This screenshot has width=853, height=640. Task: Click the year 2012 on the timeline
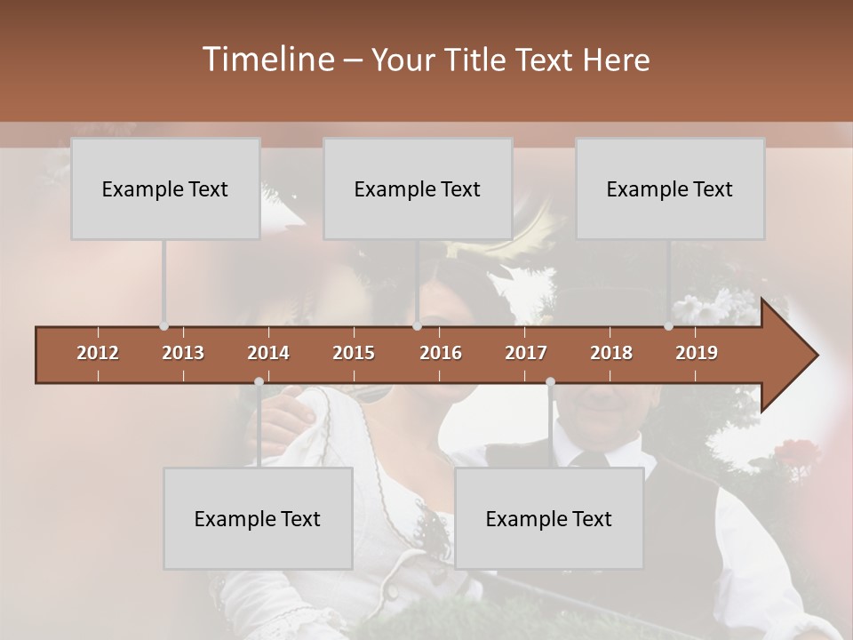(x=98, y=353)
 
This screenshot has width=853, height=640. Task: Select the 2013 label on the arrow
(x=183, y=353)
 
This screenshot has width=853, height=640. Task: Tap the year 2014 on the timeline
(x=268, y=353)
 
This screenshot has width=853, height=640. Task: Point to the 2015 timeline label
(x=354, y=353)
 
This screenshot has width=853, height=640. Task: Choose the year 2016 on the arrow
(x=441, y=353)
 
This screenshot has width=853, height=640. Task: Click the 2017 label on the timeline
(x=526, y=353)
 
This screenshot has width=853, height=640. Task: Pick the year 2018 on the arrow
(x=611, y=353)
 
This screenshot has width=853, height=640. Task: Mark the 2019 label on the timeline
(x=697, y=353)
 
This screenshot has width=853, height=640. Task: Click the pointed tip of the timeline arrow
(x=816, y=356)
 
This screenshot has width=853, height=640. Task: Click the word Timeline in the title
(x=267, y=60)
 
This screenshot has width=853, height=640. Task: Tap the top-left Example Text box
(x=165, y=188)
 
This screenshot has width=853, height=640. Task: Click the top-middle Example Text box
(x=418, y=188)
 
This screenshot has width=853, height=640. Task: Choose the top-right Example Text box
(x=670, y=188)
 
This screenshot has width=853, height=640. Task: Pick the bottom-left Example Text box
(x=258, y=518)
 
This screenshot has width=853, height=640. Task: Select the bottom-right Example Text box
(x=549, y=518)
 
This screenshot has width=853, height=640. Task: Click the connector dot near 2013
(x=163, y=326)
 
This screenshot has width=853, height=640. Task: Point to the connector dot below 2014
(x=259, y=382)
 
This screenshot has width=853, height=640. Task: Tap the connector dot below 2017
(x=550, y=382)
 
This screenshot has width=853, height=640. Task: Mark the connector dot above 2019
(x=668, y=326)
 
